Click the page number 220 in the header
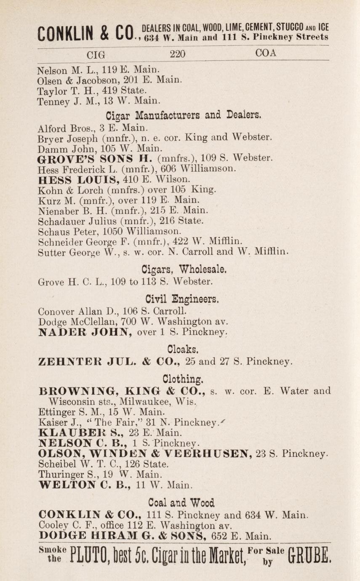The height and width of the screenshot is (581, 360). (x=177, y=54)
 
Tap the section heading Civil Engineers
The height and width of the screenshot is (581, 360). (x=182, y=300)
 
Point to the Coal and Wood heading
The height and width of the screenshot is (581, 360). (x=181, y=502)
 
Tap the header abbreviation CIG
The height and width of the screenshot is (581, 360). (x=96, y=54)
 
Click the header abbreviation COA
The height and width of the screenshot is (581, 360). (x=266, y=53)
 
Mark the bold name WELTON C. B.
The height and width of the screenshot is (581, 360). (x=84, y=485)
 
